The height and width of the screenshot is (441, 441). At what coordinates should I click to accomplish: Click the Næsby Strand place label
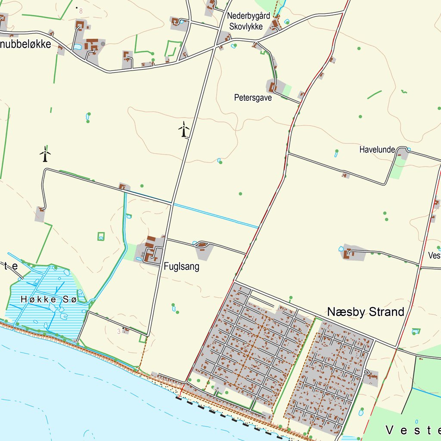366,312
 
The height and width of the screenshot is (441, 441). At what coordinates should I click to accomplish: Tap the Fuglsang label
181,267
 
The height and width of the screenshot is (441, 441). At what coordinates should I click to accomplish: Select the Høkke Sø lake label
48,299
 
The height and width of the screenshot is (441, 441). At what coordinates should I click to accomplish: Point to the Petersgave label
253,98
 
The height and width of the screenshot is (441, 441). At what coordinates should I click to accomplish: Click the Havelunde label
377,150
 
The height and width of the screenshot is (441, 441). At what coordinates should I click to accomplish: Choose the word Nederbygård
248,16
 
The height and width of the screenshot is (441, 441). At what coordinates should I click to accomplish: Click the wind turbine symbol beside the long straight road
184,130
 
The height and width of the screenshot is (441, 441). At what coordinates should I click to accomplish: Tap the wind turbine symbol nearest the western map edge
45,154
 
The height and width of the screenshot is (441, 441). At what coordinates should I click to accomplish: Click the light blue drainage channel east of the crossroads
215,214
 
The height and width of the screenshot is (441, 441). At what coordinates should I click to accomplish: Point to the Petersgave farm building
272,87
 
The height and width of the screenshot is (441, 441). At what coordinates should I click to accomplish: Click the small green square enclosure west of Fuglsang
101,236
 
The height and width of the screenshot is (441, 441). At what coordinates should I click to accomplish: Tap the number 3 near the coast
119,331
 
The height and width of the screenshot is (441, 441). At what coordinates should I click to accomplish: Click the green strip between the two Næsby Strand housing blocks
297,366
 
